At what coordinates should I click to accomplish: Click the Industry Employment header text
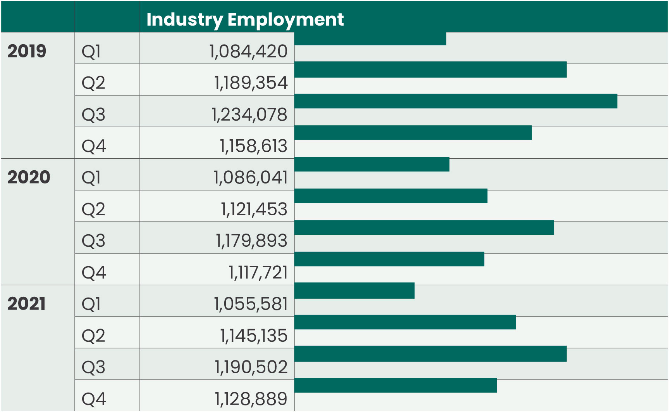(x=245, y=19)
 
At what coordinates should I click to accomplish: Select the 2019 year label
(x=27, y=51)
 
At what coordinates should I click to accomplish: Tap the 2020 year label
(x=29, y=177)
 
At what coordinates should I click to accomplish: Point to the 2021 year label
(x=26, y=303)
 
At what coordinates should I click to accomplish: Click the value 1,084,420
(x=248, y=52)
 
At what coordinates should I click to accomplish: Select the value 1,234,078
(x=249, y=115)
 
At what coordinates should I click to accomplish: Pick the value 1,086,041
(x=251, y=178)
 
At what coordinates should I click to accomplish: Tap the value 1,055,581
(x=251, y=304)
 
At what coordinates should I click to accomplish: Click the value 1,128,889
(x=251, y=399)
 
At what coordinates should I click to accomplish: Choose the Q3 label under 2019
(x=93, y=115)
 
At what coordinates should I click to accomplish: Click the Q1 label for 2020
(x=91, y=178)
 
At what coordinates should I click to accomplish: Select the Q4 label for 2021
(x=94, y=399)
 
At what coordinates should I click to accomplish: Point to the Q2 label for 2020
(x=93, y=209)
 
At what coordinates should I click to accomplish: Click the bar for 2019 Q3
(x=456, y=101)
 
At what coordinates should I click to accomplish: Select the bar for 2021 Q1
(x=354, y=291)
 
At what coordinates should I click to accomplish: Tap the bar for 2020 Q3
(x=424, y=227)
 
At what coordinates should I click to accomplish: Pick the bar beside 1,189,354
(x=430, y=69)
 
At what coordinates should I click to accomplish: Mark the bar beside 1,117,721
(x=389, y=259)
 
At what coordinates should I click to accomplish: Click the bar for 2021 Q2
(x=405, y=322)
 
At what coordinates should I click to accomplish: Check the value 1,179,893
(x=252, y=241)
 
